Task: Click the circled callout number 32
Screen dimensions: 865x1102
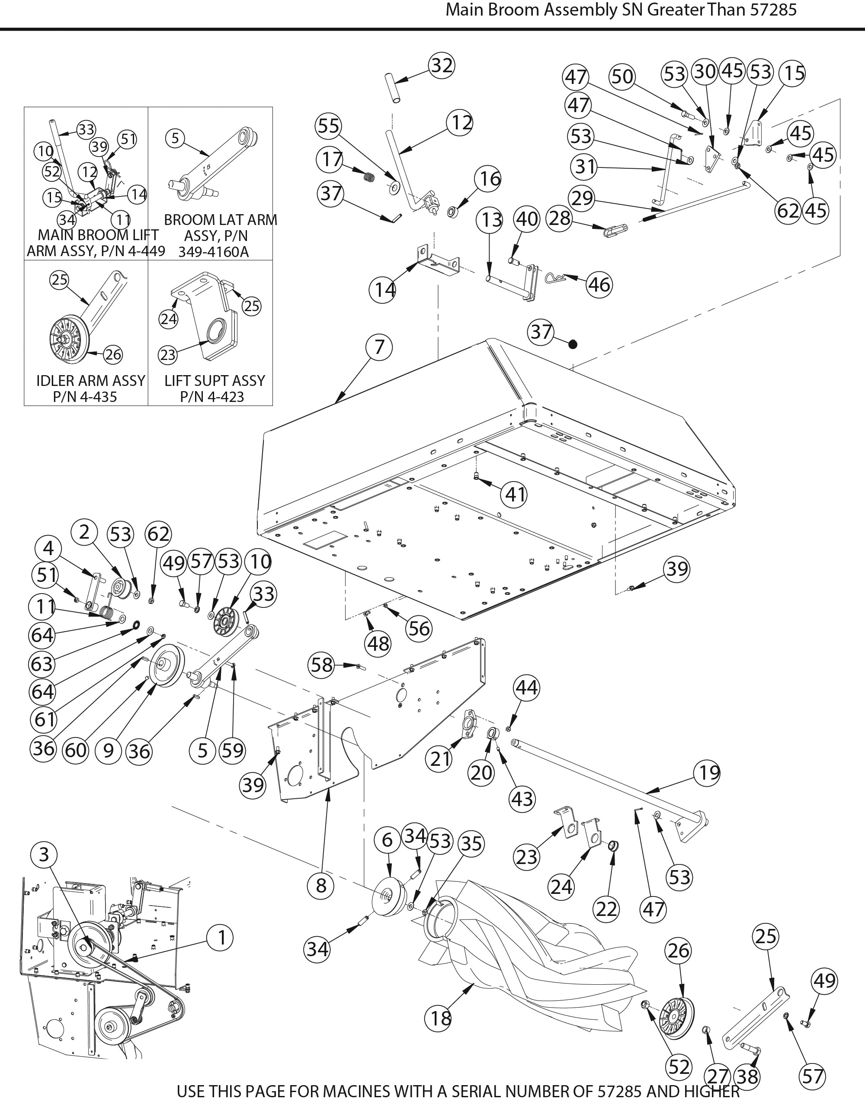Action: (442, 65)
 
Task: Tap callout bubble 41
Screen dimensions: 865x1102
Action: (514, 494)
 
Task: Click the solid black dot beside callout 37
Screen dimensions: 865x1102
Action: (573, 344)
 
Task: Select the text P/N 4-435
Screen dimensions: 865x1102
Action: (85, 397)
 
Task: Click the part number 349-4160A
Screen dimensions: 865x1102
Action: (213, 252)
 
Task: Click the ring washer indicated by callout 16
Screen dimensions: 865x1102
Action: (453, 211)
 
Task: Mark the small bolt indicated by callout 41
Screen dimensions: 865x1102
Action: (477, 475)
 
